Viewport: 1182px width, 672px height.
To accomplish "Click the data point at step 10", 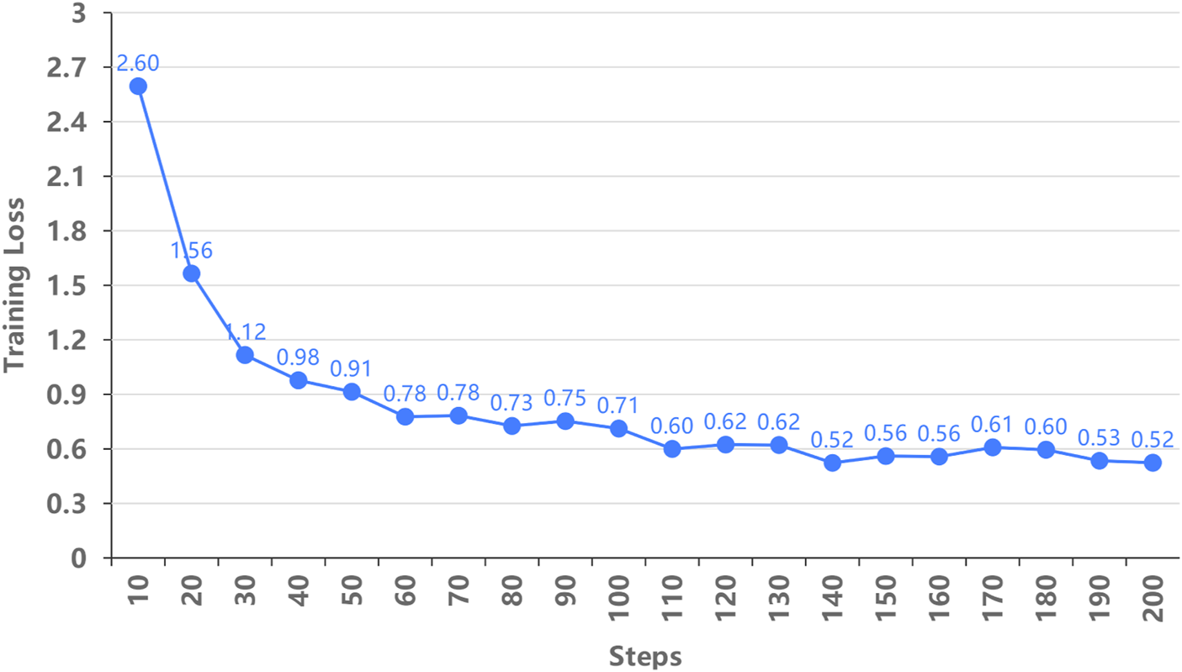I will (x=138, y=86).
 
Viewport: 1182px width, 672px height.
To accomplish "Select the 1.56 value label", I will (x=192, y=251).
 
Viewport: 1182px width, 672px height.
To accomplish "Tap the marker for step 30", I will (x=245, y=354).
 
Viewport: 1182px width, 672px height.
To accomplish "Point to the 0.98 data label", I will (x=298, y=357).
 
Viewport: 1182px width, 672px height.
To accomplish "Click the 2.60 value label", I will (x=138, y=63).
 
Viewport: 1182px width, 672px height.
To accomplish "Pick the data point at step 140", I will (x=833, y=463).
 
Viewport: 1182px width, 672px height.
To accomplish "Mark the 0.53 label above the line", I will (x=1099, y=437).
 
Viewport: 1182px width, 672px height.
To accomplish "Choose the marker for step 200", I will (x=1153, y=463).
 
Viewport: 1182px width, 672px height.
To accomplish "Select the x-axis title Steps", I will (x=645, y=656).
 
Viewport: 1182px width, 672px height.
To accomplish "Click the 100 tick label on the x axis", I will (x=619, y=596).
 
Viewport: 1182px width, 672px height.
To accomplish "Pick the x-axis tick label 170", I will (x=993, y=596).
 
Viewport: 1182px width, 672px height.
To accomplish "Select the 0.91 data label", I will (x=351, y=369).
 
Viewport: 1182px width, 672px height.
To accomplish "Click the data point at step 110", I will (x=672, y=448).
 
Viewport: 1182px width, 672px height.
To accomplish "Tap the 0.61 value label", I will (x=993, y=424).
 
